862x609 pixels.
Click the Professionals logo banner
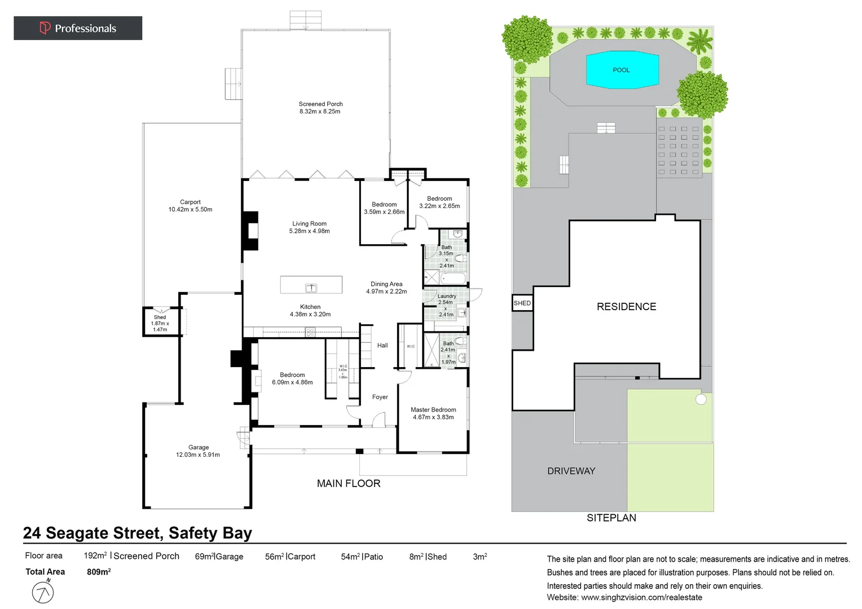78,28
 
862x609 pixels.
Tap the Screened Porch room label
320,108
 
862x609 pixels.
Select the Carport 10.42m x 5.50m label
190,206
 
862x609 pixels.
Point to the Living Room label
309,227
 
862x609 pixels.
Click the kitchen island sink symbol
311,288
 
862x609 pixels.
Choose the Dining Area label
386,288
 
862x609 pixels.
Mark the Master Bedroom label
433,413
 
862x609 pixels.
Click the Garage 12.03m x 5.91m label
198,451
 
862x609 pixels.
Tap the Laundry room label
447,296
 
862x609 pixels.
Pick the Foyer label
380,397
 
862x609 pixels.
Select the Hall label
382,346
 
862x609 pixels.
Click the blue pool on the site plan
622,70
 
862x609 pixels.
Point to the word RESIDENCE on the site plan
626,307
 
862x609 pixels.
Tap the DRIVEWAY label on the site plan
571,471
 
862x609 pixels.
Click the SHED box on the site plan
522,303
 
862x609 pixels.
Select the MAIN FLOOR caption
349,483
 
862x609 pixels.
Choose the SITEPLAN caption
611,518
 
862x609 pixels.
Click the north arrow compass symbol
43,592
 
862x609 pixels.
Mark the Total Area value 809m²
99,572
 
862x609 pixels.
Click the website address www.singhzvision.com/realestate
641,597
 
